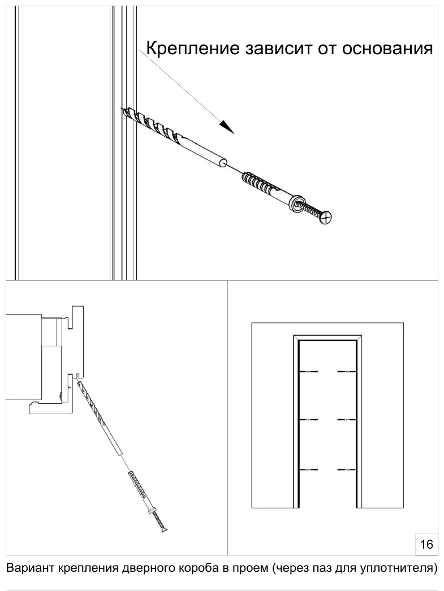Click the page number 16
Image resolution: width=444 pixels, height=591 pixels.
click(426, 544)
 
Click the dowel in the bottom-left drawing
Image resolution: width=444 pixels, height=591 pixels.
click(140, 490)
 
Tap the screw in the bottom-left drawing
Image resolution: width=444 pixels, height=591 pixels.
click(159, 520)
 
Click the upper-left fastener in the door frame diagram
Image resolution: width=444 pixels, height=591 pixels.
click(309, 372)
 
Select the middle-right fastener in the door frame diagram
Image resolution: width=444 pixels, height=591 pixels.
click(347, 419)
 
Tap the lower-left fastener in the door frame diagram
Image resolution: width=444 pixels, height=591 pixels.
click(309, 470)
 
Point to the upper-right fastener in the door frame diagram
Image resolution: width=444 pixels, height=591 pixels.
click(347, 372)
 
